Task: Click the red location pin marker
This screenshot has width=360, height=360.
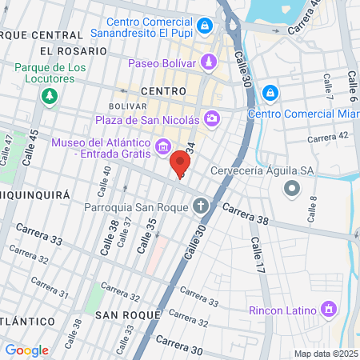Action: (x=178, y=163)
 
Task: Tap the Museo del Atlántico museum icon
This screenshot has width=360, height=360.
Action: (x=163, y=146)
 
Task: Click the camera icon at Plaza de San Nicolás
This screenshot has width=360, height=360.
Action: (x=212, y=119)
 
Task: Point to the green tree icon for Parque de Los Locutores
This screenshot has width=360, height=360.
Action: (x=50, y=96)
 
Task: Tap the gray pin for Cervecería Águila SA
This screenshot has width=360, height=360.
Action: (x=292, y=190)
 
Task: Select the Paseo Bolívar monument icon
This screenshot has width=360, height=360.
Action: (x=209, y=62)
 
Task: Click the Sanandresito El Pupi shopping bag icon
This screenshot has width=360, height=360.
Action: (x=206, y=26)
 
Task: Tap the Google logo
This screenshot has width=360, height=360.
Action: (x=26, y=350)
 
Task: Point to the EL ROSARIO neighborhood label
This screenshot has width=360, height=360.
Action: (x=61, y=50)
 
